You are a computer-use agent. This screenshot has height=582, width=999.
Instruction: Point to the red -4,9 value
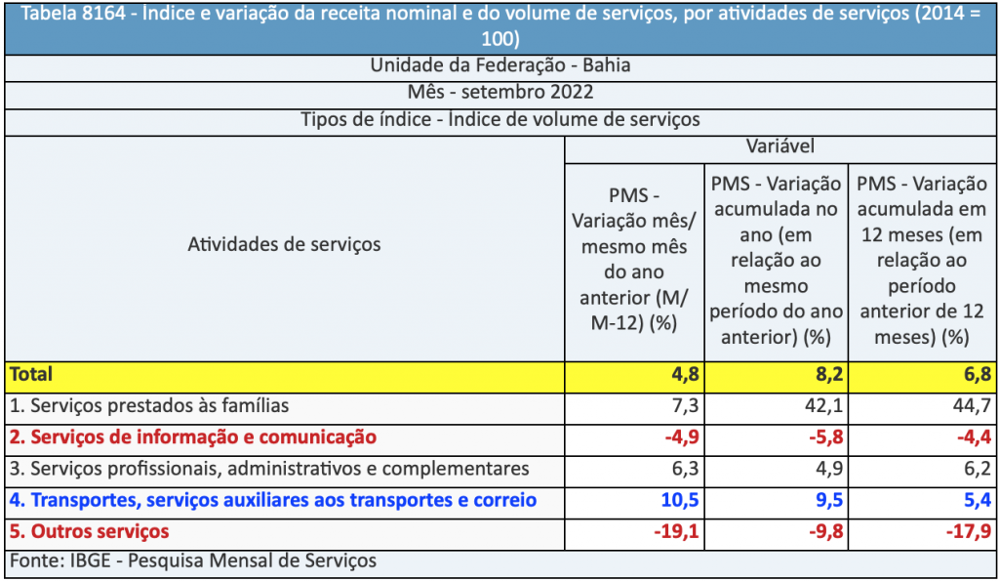[x=673, y=437]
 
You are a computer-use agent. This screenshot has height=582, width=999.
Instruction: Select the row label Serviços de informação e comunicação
[x=192, y=437]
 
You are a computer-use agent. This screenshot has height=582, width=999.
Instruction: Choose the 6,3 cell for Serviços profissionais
[x=679, y=469]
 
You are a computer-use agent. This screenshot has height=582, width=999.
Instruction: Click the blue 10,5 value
[x=673, y=501]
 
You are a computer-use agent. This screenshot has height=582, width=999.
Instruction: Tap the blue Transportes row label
[x=273, y=501]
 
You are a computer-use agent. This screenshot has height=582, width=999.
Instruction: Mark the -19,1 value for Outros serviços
[x=668, y=532]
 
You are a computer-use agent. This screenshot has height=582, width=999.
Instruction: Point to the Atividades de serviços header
[x=284, y=244]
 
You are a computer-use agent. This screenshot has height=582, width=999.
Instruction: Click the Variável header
[x=779, y=147]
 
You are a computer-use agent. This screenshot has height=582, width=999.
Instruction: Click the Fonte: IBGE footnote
[x=193, y=561]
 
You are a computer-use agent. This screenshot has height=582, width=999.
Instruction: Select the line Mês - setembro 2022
[x=499, y=93]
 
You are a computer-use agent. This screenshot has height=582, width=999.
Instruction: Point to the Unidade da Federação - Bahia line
[x=499, y=66]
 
